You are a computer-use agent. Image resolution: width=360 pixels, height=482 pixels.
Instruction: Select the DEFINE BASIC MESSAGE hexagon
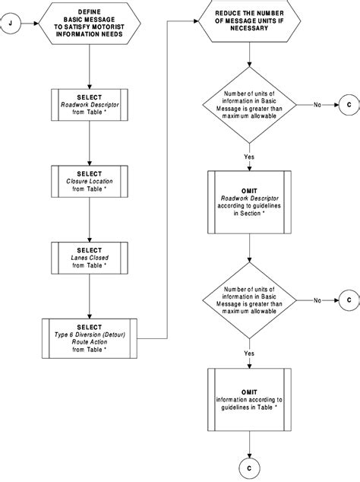(x=90, y=23)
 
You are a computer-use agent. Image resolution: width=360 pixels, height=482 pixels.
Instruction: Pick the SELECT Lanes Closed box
(x=90, y=258)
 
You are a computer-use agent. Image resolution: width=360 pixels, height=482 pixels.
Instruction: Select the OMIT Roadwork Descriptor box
(x=248, y=201)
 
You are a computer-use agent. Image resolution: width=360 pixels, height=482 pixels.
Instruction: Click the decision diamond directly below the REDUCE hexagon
(x=248, y=105)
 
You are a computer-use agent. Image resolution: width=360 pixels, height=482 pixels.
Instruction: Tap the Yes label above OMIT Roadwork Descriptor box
(x=248, y=155)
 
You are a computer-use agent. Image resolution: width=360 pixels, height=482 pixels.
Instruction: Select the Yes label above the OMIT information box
(x=248, y=353)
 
